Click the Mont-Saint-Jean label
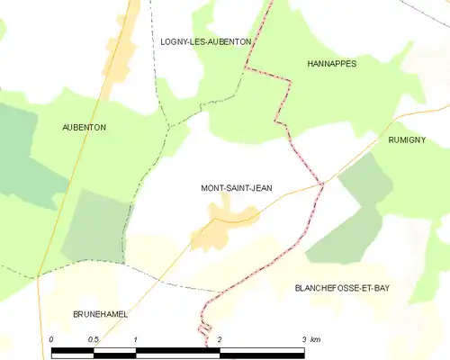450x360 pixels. (236, 188)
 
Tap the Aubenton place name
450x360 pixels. (84, 128)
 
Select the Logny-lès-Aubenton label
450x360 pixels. (205, 41)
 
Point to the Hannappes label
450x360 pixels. (332, 64)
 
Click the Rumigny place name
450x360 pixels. (407, 140)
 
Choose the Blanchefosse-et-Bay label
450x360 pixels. (343, 288)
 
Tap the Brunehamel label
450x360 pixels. (100, 314)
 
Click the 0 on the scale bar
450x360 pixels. (51, 339)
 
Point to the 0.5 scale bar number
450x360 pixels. (93, 339)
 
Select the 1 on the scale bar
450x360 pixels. (135, 339)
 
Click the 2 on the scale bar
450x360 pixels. (220, 339)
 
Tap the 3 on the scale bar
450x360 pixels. (304, 339)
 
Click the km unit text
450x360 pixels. (315, 339)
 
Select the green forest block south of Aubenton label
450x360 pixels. (94, 225)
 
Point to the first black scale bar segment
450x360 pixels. (72, 350)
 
